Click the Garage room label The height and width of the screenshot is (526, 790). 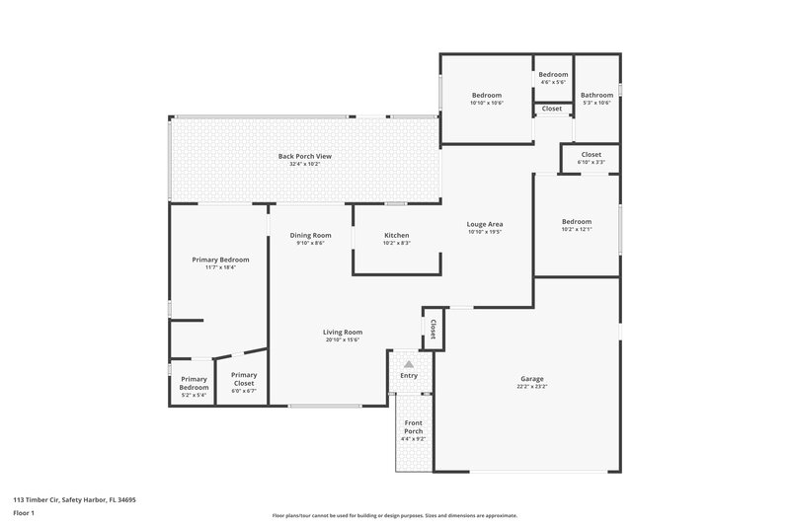click(x=532, y=379)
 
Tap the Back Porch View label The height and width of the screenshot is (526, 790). click(x=297, y=156)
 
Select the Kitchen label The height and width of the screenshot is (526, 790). click(x=396, y=235)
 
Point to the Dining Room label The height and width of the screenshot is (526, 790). click(x=310, y=235)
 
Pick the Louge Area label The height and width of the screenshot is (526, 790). click(x=485, y=224)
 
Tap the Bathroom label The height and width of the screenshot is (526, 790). click(x=596, y=95)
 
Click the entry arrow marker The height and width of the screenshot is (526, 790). click(x=409, y=364)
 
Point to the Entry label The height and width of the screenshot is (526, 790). click(x=409, y=376)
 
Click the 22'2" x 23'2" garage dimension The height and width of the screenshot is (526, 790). click(x=532, y=387)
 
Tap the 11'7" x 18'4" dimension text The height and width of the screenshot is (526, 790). click(x=220, y=267)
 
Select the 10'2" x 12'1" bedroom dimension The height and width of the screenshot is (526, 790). click(x=577, y=230)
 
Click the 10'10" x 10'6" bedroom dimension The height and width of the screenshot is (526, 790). click(x=487, y=103)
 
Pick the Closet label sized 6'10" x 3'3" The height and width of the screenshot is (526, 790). click(x=591, y=155)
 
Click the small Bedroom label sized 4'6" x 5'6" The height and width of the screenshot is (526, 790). click(x=553, y=75)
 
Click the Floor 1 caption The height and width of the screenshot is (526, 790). click(x=25, y=514)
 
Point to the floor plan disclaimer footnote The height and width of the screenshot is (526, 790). click(x=394, y=515)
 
